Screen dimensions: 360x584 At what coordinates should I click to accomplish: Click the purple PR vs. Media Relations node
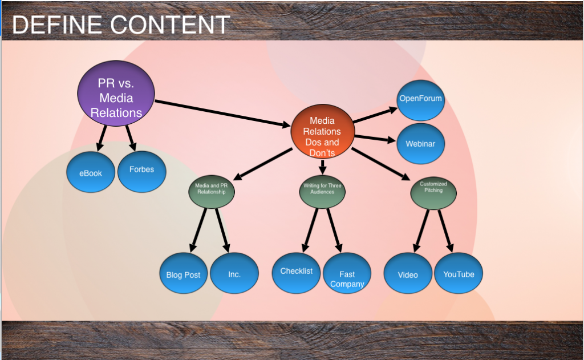[x=116, y=97]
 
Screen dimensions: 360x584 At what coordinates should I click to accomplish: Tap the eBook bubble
[x=91, y=172]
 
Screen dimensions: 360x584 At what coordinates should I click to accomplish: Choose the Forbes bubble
[x=141, y=169]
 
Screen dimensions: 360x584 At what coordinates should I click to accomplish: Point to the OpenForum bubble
[x=420, y=99]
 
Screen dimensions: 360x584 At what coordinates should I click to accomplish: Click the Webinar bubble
[x=420, y=143]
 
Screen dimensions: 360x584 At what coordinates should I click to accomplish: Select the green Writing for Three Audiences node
[x=323, y=189]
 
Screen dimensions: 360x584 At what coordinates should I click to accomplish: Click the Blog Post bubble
[x=183, y=274]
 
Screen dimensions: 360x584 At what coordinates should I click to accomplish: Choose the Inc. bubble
[x=234, y=274]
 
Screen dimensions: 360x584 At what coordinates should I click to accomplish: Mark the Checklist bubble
[x=296, y=272]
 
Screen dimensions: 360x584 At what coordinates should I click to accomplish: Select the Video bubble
[x=408, y=274]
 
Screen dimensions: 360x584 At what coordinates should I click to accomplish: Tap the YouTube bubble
[x=459, y=274]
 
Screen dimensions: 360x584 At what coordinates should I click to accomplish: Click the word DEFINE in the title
[x=56, y=25]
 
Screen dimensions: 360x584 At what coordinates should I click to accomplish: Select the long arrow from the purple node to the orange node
[x=222, y=114]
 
